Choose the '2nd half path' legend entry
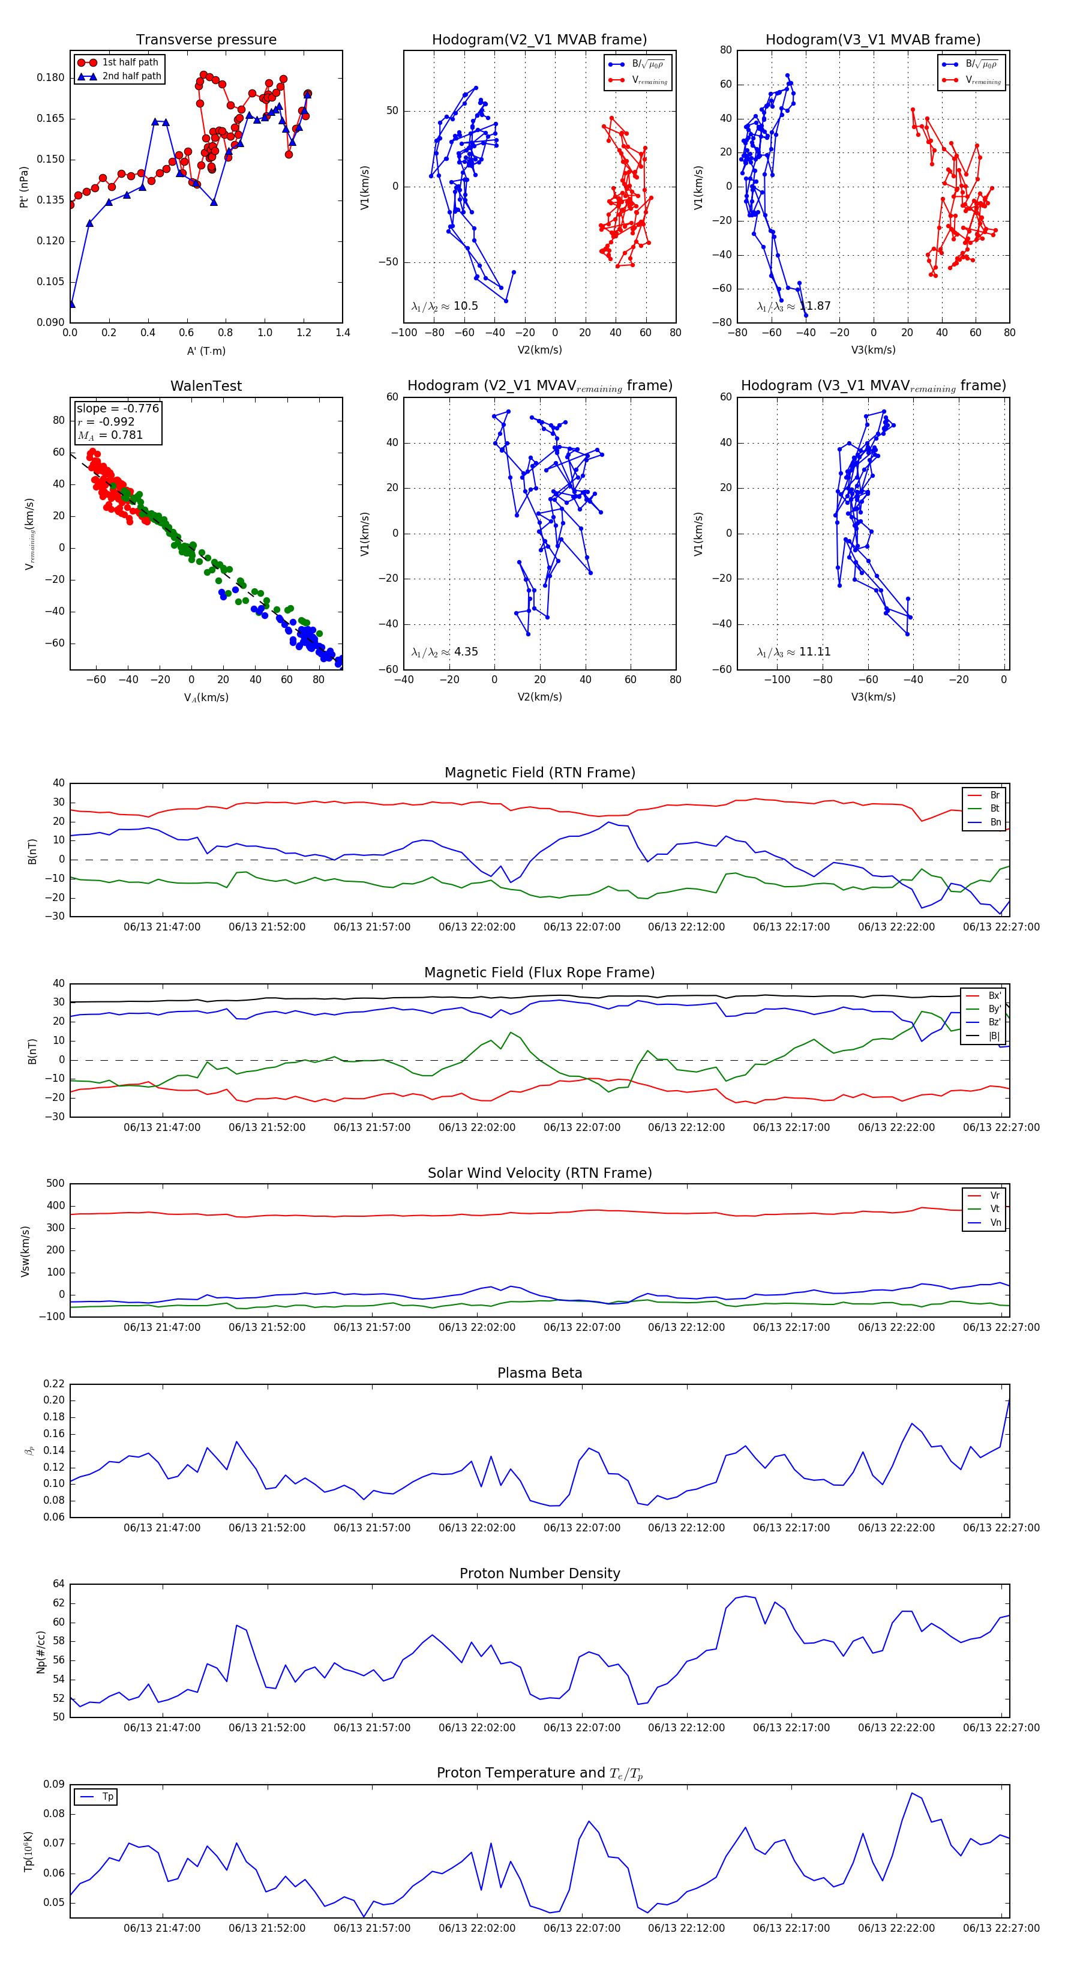[131, 76]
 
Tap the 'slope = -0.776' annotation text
[118, 408]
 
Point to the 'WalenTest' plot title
[206, 386]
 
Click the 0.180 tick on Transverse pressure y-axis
[51, 77]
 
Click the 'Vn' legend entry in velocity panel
[995, 1222]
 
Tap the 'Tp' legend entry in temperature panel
[107, 1797]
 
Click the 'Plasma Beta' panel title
[539, 1373]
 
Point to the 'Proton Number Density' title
[539, 1573]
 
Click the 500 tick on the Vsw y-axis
[55, 1184]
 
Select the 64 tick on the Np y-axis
[58, 1584]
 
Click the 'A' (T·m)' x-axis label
[206, 351]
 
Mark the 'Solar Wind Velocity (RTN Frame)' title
[539, 1173]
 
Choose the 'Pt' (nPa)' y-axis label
[25, 187]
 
